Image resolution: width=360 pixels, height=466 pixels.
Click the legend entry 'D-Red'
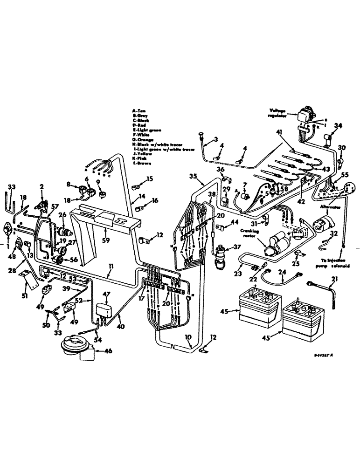140,125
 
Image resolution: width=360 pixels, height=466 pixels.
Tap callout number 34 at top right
338,126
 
